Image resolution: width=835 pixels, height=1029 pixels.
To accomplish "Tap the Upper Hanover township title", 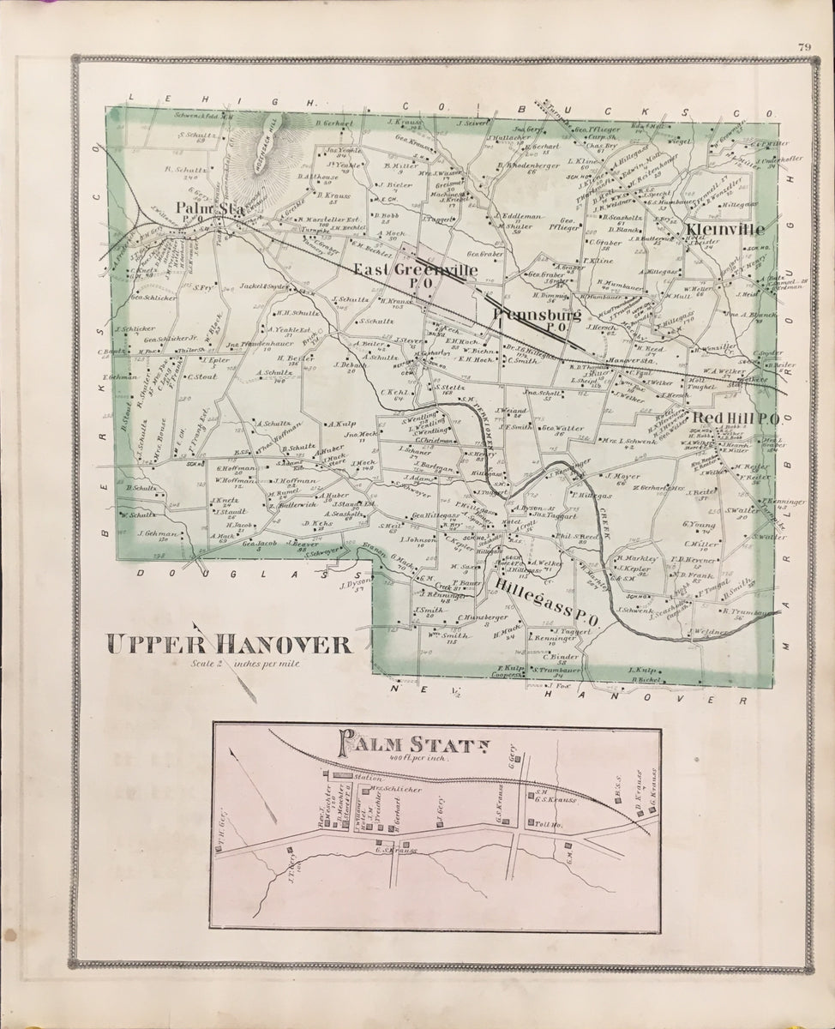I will [229, 645].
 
